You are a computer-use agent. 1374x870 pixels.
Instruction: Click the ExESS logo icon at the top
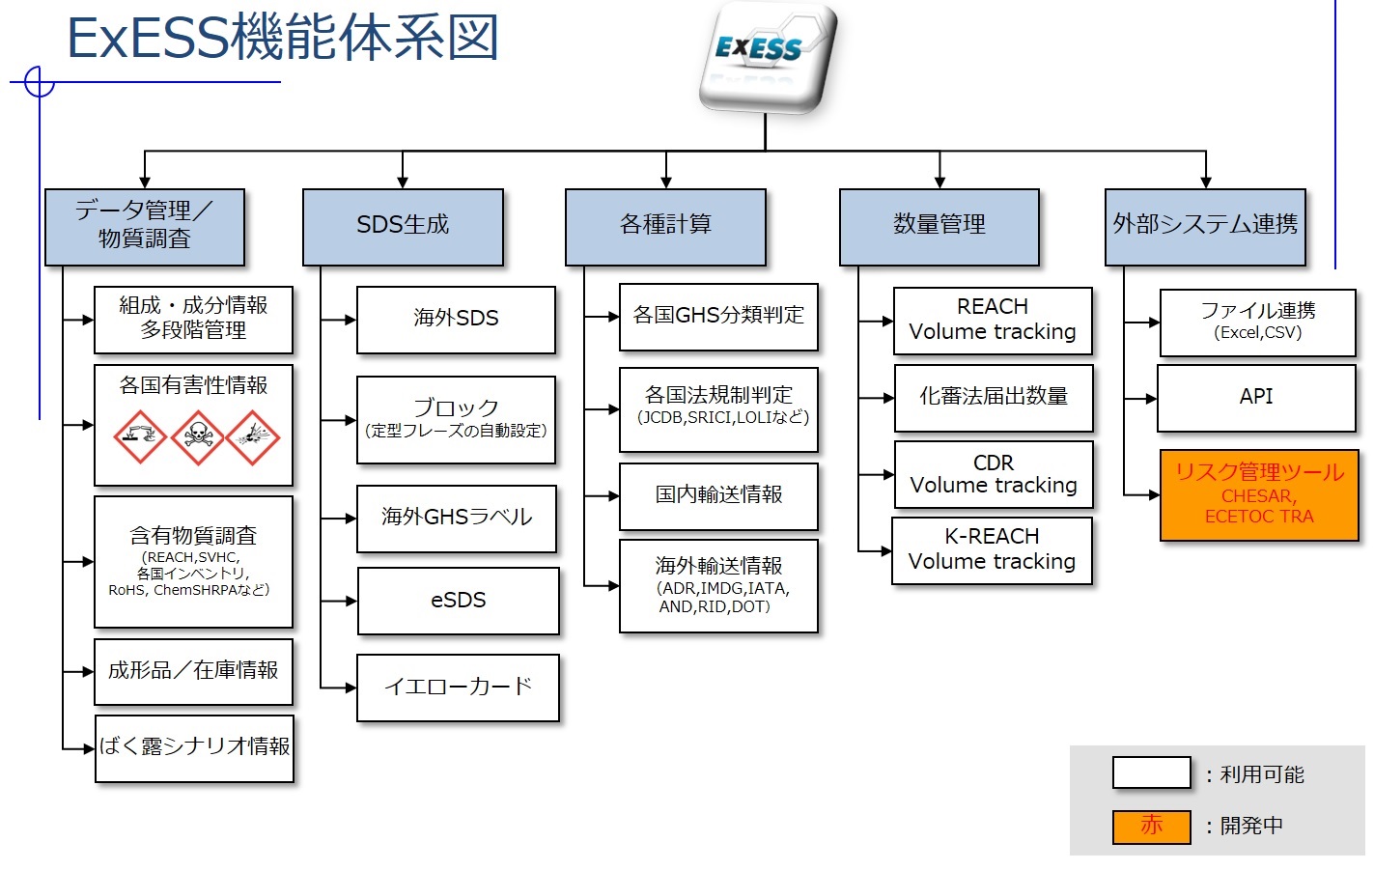point(768,58)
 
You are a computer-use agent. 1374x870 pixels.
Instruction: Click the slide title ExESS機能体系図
point(283,38)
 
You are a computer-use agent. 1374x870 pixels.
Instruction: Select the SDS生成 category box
point(403,227)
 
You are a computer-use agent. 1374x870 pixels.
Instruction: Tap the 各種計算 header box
point(665,227)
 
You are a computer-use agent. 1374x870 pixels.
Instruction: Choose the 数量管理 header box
point(939,227)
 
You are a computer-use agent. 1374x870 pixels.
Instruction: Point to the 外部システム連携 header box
point(1205,227)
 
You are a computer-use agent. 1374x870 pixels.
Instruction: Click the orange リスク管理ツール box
point(1259,495)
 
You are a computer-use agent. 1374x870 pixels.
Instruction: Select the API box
point(1256,398)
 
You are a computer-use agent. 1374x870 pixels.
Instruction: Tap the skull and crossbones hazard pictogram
point(197,437)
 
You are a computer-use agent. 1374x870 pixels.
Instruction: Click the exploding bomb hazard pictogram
point(253,437)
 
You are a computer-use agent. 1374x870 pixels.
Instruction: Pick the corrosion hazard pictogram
point(140,437)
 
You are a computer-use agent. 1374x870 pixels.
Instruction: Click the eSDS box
point(459,601)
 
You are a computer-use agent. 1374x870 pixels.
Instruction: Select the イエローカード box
point(459,688)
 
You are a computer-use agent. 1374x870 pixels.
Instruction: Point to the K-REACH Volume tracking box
point(992,550)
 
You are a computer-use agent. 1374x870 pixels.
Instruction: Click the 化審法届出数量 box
point(994,398)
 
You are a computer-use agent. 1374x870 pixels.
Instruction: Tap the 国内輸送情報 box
point(718,496)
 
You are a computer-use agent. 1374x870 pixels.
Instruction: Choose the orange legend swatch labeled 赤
point(1151,827)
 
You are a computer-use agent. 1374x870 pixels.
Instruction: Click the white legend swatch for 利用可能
point(1151,772)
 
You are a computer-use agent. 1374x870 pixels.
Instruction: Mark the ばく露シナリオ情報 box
point(194,748)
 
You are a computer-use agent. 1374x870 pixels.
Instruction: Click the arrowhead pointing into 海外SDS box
point(351,320)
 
